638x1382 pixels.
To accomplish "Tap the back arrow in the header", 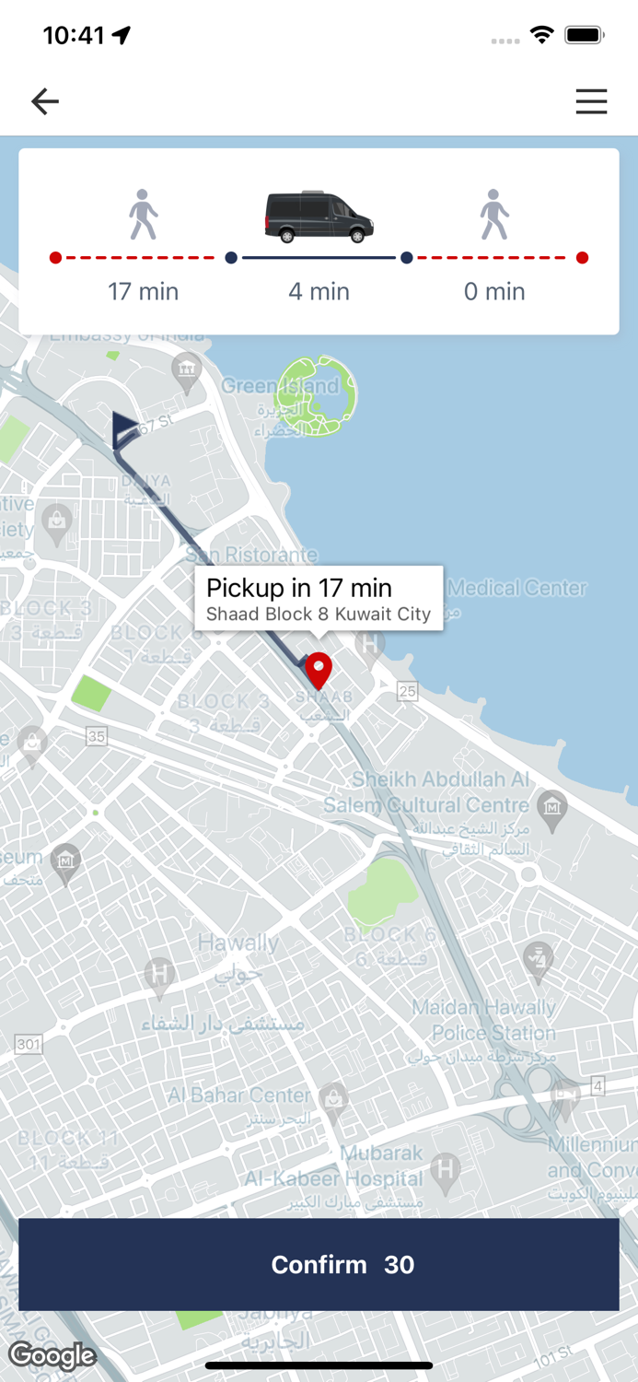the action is (44, 101).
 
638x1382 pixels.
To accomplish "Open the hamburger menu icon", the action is (591, 101).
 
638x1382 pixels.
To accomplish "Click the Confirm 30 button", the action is (319, 1264).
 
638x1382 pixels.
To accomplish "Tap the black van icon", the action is (319, 217).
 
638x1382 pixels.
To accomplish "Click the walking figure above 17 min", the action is (143, 216).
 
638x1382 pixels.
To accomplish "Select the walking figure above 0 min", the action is (494, 216).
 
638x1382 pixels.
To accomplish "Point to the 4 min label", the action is (319, 292).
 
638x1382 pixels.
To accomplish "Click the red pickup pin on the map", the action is (319, 670).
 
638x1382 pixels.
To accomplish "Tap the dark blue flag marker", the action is (124, 429).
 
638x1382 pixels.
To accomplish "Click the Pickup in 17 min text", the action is (299, 588).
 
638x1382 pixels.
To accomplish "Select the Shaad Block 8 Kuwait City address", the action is (319, 615).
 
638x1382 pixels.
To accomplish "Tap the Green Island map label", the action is (279, 386).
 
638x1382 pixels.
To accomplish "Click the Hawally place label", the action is (238, 943).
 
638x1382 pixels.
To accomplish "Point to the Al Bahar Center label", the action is (239, 1095).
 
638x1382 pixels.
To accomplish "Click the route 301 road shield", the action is (29, 1044).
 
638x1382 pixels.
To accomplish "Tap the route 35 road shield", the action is (97, 736).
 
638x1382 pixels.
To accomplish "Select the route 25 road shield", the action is (407, 690).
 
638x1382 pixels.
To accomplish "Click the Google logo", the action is (52, 1355).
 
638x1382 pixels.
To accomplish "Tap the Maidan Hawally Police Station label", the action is (483, 1020).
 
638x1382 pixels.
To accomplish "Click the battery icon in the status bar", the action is (584, 35).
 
